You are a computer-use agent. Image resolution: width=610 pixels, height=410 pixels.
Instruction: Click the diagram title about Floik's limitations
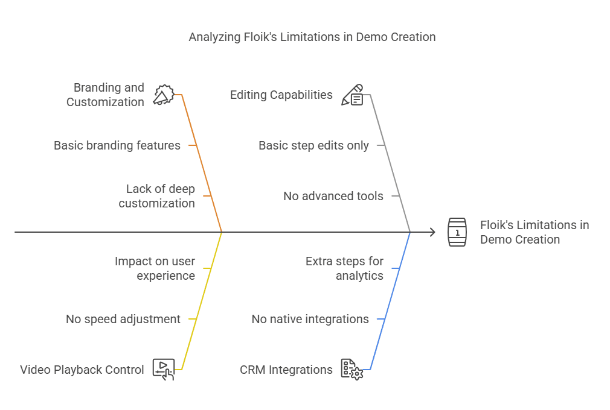click(312, 37)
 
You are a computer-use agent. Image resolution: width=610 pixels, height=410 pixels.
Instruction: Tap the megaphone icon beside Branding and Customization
click(163, 95)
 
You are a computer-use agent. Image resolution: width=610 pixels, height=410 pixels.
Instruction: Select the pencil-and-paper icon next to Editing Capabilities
click(353, 95)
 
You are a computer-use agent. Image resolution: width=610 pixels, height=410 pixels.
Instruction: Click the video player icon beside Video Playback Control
click(164, 369)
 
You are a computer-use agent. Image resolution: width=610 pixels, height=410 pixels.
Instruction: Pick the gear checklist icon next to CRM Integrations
click(352, 369)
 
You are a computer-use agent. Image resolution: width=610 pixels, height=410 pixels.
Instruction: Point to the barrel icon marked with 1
click(457, 232)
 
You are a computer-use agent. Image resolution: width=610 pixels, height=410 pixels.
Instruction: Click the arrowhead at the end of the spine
click(431, 232)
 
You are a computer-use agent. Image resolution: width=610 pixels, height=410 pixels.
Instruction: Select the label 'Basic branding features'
click(117, 145)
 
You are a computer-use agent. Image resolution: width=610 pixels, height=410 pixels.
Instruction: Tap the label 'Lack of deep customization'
click(157, 196)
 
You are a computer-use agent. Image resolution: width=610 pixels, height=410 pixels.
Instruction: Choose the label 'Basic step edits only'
click(313, 145)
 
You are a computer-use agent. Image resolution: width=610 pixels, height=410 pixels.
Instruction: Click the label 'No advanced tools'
click(333, 196)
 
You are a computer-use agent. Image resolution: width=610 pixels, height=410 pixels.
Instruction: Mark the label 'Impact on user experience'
click(155, 268)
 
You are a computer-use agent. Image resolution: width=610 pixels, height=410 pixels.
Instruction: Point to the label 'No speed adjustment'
click(123, 319)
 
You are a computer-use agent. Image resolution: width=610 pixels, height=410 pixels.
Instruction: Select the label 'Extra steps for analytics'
click(345, 268)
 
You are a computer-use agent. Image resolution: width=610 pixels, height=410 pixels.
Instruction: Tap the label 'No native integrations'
click(310, 319)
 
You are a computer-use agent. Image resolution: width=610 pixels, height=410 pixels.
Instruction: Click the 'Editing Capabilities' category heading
click(281, 95)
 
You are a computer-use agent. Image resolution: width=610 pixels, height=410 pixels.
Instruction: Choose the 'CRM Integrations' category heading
click(286, 370)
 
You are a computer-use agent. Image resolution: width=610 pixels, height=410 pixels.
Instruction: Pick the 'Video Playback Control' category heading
click(82, 370)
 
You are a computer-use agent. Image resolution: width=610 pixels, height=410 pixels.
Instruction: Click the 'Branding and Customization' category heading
click(106, 95)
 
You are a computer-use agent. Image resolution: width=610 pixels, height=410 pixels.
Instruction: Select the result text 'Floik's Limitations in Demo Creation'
click(534, 232)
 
